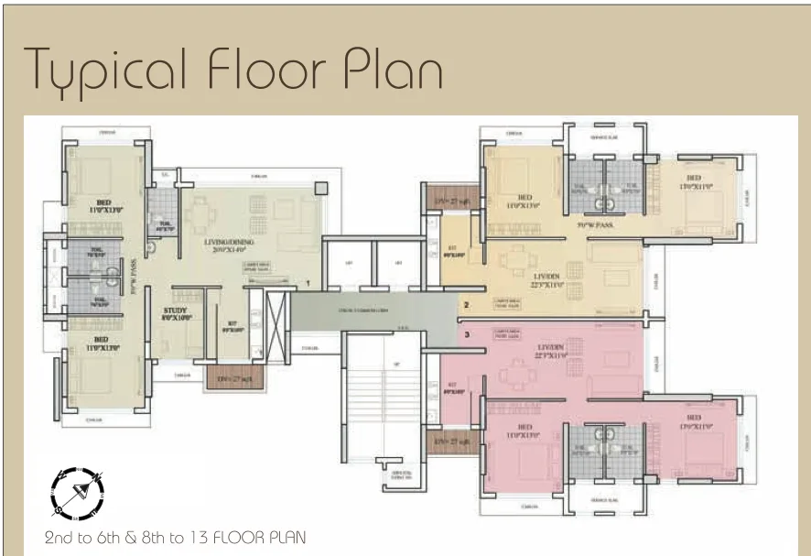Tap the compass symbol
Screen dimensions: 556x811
click(77, 493)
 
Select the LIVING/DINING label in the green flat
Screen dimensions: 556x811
click(211, 245)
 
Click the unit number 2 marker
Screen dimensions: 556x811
click(466, 305)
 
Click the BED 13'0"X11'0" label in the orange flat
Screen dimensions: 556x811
click(693, 181)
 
